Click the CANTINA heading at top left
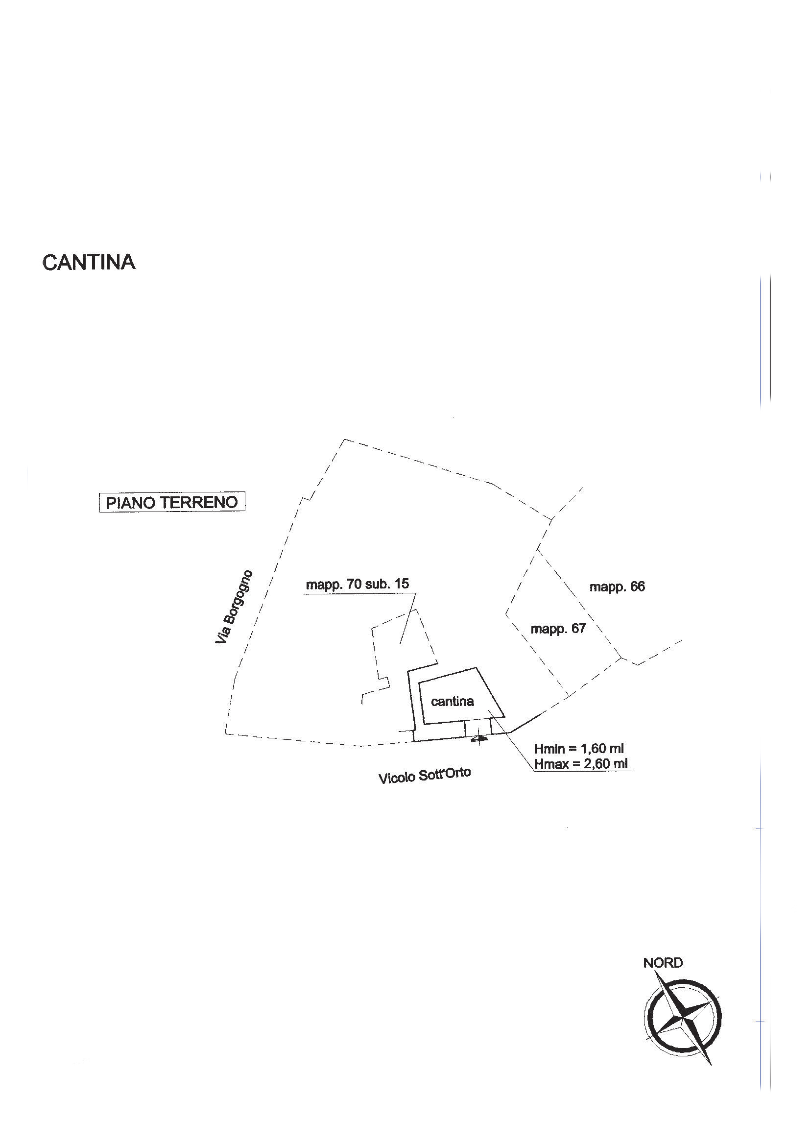click(x=89, y=262)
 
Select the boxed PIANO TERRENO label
click(x=172, y=502)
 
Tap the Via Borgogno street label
click(x=234, y=607)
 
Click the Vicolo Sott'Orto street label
click(x=425, y=775)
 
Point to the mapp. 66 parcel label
click(x=617, y=586)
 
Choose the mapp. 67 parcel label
click(x=558, y=629)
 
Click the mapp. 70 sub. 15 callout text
click(x=357, y=584)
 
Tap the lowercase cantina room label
click(x=452, y=702)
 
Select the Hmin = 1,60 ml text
click(x=579, y=749)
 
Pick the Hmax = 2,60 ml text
click(x=581, y=764)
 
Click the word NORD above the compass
click(x=663, y=963)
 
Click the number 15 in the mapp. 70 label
click(x=401, y=584)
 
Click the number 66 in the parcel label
click(x=637, y=586)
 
